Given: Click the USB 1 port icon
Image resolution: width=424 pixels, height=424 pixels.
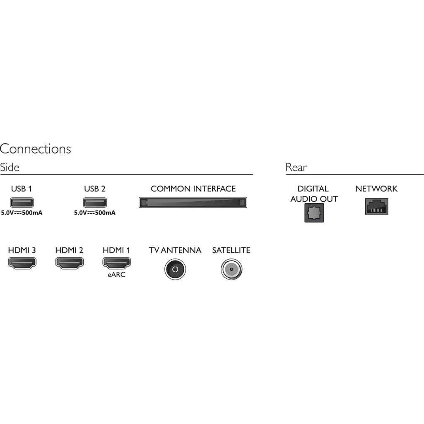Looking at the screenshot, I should coord(22,202).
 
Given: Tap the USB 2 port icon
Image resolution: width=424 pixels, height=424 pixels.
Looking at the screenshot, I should coord(95,202).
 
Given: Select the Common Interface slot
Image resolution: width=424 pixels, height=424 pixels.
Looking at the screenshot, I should coord(193,202).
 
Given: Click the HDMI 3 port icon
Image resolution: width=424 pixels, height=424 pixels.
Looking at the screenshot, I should coord(22,263).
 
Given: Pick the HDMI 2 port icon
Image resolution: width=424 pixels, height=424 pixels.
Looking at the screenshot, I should coord(69,263).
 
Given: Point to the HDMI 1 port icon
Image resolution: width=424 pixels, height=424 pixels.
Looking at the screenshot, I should coord(116,263).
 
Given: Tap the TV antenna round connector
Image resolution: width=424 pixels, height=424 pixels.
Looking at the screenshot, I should coord(175,269).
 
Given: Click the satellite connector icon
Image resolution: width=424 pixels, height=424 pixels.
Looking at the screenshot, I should coord(231,269).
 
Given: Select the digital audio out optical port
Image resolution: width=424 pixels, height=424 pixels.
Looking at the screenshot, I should coord(314,213).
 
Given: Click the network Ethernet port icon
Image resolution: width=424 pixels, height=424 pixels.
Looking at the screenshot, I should coord(376,206).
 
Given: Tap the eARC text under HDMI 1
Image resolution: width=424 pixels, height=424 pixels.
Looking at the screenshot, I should coord(116,274).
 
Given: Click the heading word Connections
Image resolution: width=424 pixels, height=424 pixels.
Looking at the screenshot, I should coord(36,149).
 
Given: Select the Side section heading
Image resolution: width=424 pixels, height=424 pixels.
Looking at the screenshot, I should coord(10,167).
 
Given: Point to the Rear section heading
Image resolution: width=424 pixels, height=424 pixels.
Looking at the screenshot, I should coord(296,167).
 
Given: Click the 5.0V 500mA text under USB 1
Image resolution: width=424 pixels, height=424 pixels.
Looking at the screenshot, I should coord(22,213).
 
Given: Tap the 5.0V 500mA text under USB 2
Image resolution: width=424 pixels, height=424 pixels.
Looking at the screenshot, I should coord(95,213).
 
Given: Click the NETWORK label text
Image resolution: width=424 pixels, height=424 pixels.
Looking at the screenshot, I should coord(376,189).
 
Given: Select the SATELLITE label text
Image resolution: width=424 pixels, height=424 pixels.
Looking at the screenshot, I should coord(231,250).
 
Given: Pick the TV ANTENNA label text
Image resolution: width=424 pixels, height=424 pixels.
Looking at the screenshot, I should coord(175,250).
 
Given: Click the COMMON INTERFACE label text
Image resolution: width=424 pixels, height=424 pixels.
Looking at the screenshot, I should coord(193,189).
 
